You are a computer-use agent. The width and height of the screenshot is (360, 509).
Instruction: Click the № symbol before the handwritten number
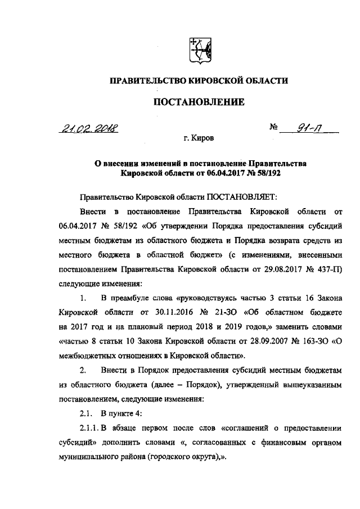coord(274,127)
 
